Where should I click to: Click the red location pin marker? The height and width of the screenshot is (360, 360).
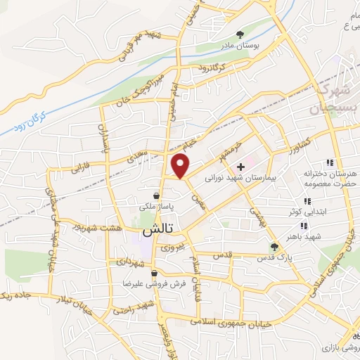[x=181, y=166]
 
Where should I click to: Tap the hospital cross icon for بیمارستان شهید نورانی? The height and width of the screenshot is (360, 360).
[x=241, y=167]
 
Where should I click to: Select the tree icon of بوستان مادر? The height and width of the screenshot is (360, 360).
[x=241, y=34]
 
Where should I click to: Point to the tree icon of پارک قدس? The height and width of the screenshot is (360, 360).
[x=275, y=246]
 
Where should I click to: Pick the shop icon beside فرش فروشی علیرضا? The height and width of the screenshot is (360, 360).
[x=154, y=273]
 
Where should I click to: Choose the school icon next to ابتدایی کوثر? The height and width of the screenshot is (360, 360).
[x=306, y=202]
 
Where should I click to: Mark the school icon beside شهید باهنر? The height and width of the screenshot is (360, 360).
[x=304, y=226]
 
